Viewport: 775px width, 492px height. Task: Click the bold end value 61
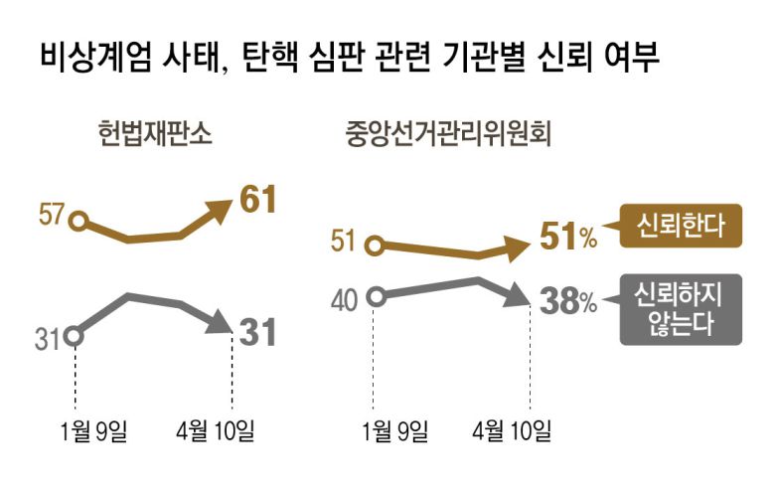pos(256,201)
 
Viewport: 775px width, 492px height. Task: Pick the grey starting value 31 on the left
pos(47,339)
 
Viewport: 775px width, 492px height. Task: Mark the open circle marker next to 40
pos(376,296)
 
